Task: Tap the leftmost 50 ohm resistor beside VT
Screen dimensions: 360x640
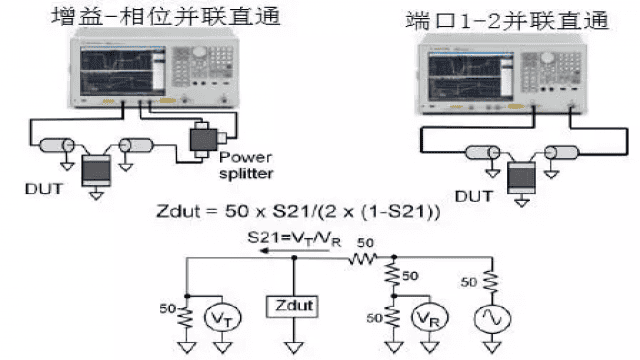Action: (185, 318)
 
